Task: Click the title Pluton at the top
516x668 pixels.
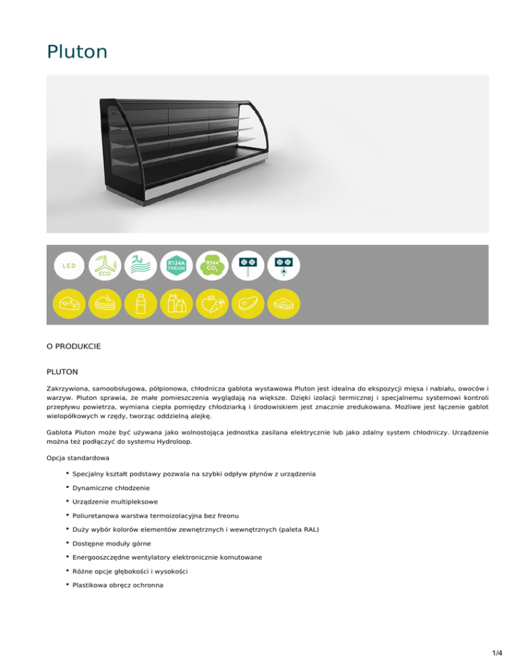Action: pos(77,52)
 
